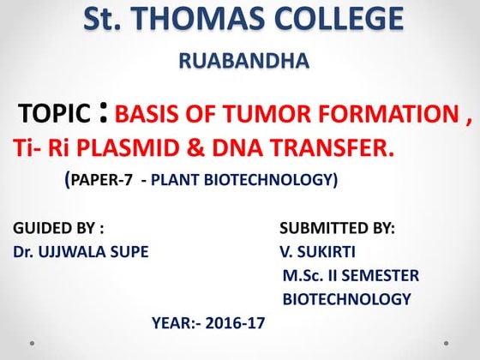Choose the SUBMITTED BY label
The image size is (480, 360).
(337, 229)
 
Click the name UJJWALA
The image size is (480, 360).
(76, 253)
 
